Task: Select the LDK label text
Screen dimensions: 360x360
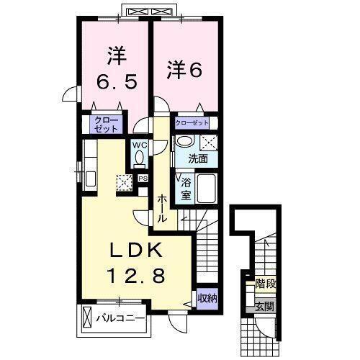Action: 136,252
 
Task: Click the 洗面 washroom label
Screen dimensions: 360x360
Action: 198,158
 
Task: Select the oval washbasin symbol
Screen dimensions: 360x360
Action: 185,141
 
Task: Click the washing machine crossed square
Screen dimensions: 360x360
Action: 209,141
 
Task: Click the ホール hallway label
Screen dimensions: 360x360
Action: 163,207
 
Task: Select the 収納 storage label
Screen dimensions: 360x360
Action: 207,297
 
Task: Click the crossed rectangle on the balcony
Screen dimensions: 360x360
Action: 87,317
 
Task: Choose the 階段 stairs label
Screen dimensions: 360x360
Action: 264,286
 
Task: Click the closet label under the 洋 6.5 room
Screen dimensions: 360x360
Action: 104,125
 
